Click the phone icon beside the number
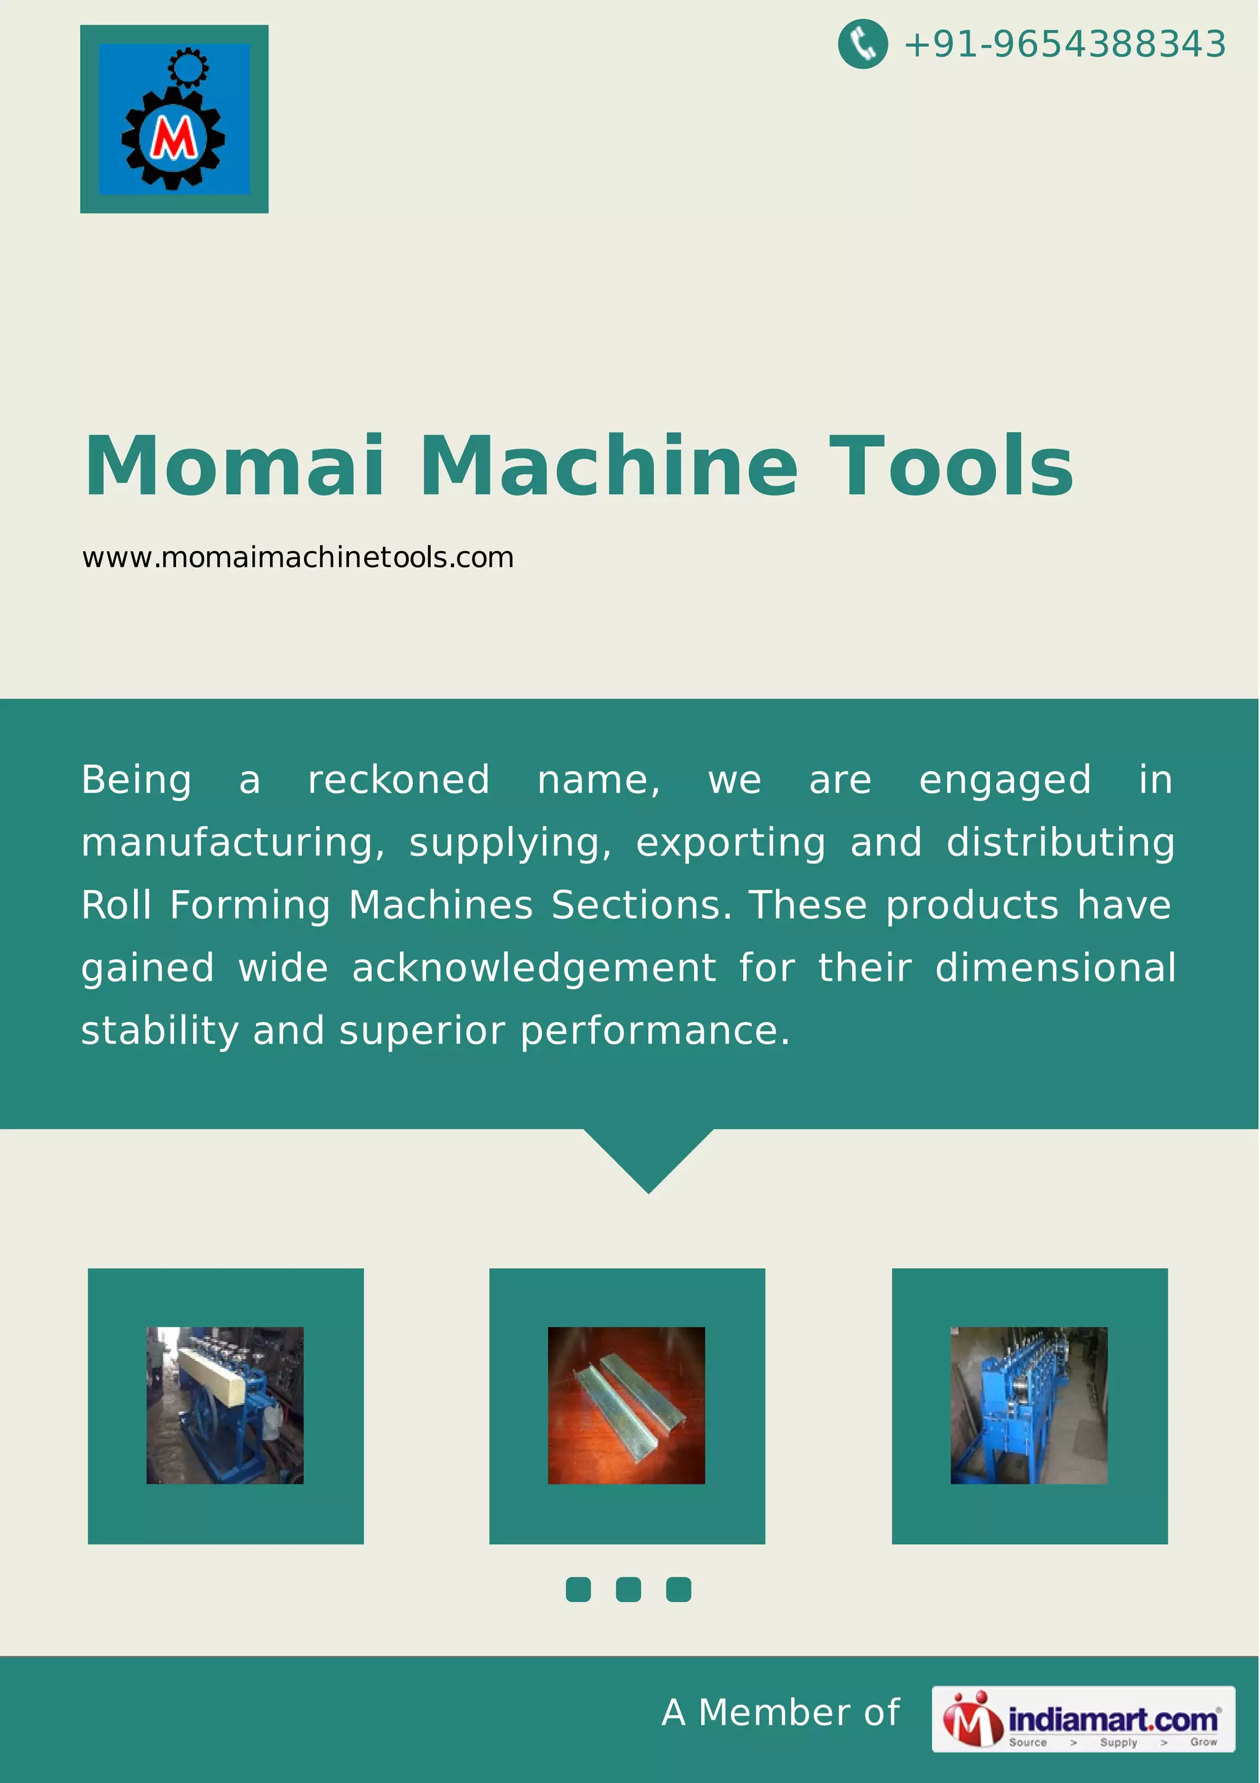point(863,44)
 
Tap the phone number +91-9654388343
point(1064,44)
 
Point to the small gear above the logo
point(187,67)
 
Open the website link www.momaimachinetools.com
point(298,557)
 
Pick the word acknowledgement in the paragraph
point(534,968)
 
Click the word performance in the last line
point(655,1031)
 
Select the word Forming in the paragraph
point(250,906)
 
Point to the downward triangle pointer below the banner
point(648,1158)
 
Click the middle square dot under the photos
point(628,1590)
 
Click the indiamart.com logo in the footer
point(1083,1719)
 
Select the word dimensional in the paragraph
point(1055,968)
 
